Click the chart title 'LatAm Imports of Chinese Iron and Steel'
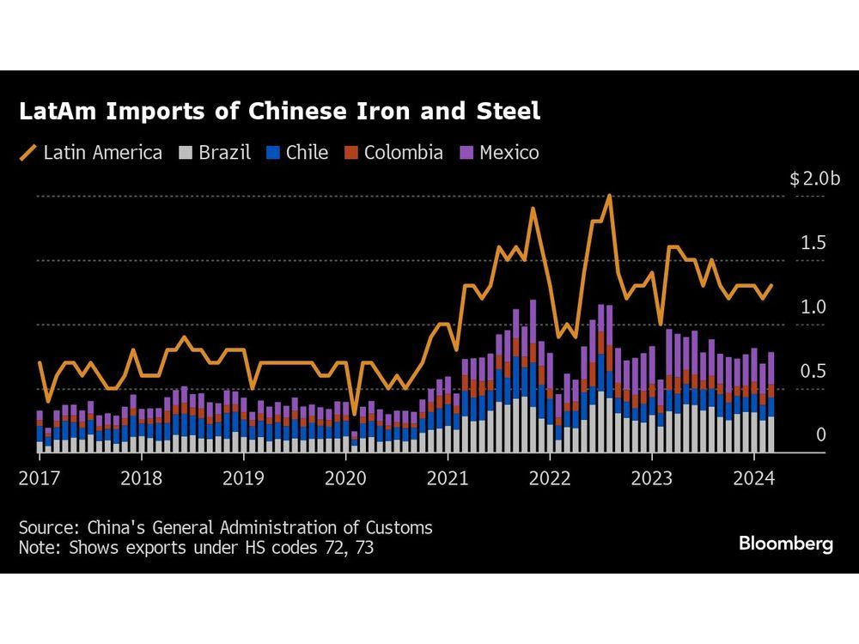pos(280,112)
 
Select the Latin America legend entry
pos(91,153)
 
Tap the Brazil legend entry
pos(216,153)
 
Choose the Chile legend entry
pos(297,153)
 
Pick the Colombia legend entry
pos(393,153)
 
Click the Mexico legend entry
pos(499,153)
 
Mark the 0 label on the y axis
pos(820,435)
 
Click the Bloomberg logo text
pos(786,544)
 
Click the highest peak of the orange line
pos(609,196)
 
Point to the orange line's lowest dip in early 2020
pos(354,415)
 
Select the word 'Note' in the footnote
pos(36,546)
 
